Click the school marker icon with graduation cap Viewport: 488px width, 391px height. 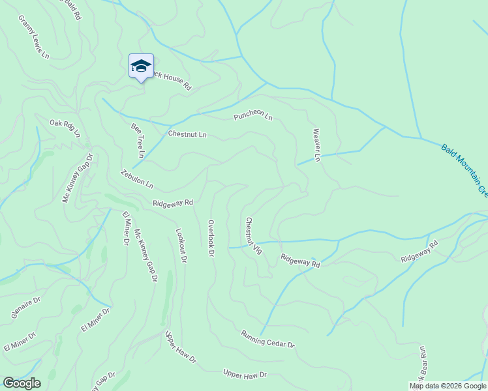(141, 66)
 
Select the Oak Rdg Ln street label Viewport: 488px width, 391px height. (65, 128)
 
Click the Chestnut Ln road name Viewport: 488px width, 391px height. (187, 134)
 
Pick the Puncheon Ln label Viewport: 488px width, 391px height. (253, 117)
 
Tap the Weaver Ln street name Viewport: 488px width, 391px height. (317, 145)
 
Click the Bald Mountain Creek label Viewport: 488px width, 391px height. (465, 171)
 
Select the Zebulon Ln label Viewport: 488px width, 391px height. (136, 179)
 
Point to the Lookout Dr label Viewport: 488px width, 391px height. (181, 245)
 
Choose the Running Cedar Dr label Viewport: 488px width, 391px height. (267, 339)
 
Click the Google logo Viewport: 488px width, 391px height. (22, 383)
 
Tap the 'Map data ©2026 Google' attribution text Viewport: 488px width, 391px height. (448, 386)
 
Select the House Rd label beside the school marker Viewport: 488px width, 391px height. (171, 81)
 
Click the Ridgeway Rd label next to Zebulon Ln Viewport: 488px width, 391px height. (173, 203)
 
